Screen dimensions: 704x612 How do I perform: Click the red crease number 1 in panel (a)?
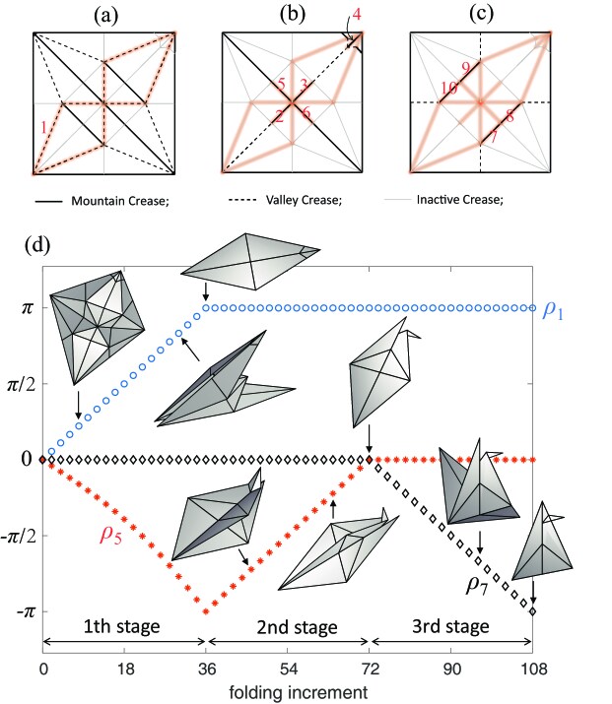coord(42,125)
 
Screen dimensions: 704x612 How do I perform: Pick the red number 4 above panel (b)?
coord(357,16)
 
